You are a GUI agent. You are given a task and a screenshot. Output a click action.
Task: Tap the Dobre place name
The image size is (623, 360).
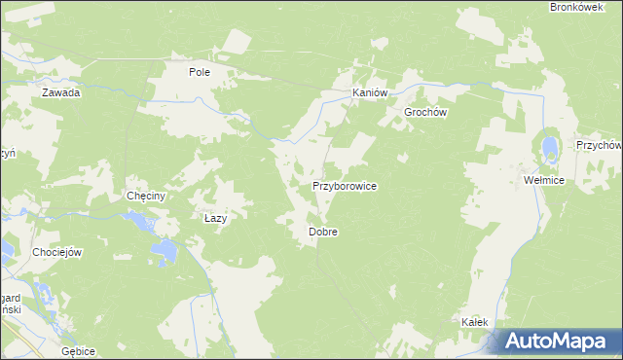click(x=322, y=233)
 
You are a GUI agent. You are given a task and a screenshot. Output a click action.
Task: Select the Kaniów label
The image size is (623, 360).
click(x=370, y=93)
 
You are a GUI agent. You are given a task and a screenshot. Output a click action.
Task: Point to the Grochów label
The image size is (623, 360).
click(x=425, y=112)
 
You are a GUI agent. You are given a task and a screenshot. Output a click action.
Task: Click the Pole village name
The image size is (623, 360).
click(x=200, y=72)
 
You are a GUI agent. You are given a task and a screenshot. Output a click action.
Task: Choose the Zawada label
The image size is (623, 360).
click(x=60, y=93)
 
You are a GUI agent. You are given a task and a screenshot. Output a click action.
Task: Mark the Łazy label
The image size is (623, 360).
click(x=215, y=219)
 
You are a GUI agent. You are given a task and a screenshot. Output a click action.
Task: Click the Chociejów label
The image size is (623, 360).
click(x=56, y=252)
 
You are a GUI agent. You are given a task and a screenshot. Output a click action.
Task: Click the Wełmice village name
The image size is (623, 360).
click(x=543, y=181)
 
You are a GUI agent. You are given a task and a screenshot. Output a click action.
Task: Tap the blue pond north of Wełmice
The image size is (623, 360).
click(x=550, y=149)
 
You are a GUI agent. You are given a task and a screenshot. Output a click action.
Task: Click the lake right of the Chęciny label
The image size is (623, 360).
click(x=145, y=224)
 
